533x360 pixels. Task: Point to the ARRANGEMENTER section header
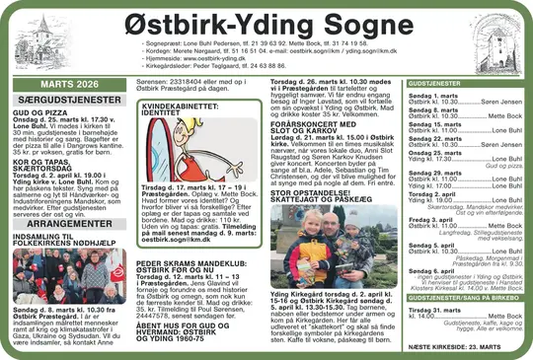(x=64, y=224)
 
